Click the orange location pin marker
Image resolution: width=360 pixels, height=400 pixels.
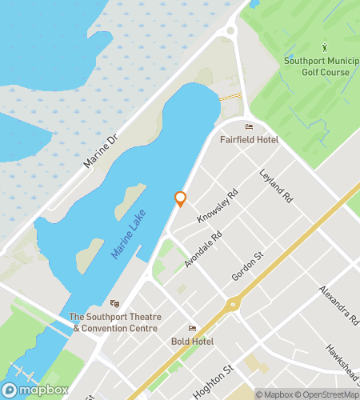[180, 198]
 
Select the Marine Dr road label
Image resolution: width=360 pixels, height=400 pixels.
[102, 151]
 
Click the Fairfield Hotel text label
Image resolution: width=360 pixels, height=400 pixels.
[249, 140]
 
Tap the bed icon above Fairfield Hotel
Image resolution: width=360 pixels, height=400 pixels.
[249, 126]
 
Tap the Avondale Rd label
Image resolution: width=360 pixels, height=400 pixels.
[203, 249]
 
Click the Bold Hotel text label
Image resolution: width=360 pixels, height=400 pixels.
[192, 342]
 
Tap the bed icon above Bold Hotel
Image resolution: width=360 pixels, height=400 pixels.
[192, 328]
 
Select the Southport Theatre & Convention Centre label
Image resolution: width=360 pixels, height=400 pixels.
[117, 322]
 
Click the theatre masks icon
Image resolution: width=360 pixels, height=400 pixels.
[115, 304]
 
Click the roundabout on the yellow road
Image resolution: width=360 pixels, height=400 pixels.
[234, 303]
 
